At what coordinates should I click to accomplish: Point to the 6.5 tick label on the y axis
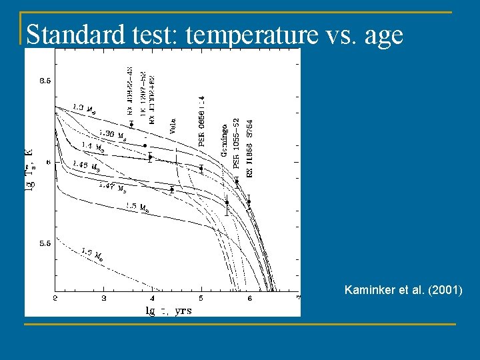click(45, 81)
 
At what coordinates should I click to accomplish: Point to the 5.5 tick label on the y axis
click(45, 244)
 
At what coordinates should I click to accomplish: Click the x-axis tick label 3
click(103, 299)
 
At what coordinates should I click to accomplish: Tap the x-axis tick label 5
click(201, 299)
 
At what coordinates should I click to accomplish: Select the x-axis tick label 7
click(299, 299)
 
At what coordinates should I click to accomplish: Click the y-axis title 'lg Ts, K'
click(30, 171)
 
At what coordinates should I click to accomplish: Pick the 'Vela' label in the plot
click(173, 127)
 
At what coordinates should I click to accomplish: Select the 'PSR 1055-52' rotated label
click(237, 146)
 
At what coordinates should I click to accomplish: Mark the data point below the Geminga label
click(227, 203)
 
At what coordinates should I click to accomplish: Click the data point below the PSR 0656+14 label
click(201, 169)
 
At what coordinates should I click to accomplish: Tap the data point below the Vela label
click(172, 189)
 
